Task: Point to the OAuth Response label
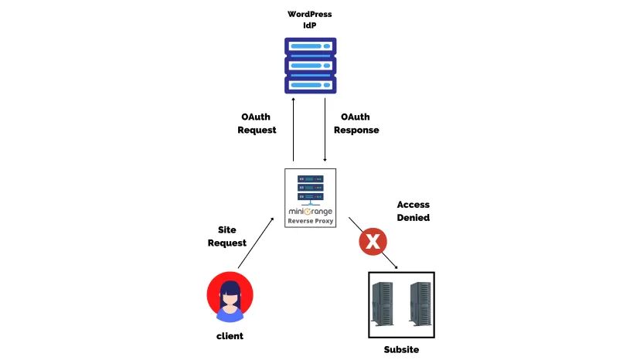356,124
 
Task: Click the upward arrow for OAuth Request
293,127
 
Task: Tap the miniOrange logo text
310,210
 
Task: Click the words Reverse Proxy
310,221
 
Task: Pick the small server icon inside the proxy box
310,188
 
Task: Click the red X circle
373,243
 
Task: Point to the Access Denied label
413,211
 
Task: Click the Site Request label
227,236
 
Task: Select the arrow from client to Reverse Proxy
256,243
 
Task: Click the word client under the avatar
230,335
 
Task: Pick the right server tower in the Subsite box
420,304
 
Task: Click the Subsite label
401,349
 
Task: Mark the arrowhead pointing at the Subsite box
395,267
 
